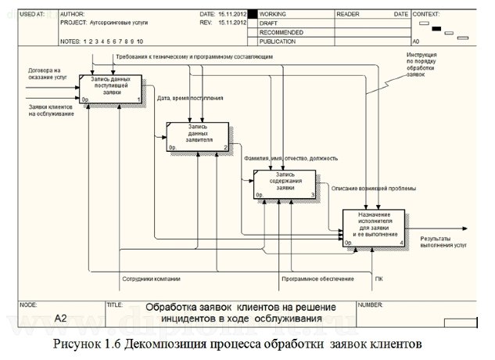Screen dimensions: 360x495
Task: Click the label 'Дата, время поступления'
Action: click(190, 99)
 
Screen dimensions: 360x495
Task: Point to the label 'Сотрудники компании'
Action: click(151, 279)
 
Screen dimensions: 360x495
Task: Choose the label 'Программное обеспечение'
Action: click(317, 279)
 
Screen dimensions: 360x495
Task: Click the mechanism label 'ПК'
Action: click(379, 279)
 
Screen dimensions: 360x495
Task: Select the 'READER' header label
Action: click(348, 14)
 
